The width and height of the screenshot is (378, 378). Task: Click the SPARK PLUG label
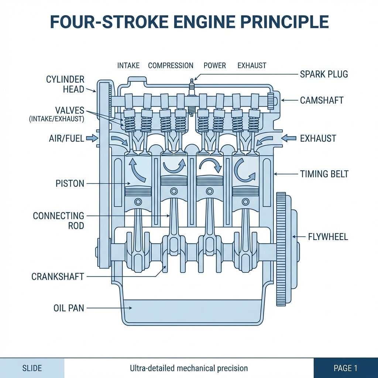tap(323, 74)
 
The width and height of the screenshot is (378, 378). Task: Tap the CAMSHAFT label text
tap(322, 100)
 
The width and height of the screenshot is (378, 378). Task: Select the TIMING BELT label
tap(324, 173)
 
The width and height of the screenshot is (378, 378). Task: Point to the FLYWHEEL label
tap(328, 237)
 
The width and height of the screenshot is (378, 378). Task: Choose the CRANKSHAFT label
tap(58, 276)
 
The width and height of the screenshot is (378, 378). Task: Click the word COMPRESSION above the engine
tap(171, 66)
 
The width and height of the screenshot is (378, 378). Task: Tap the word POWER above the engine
tap(214, 66)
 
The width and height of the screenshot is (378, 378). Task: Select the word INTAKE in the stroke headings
tap(128, 66)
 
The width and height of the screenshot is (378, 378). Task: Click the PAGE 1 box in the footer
tap(346, 368)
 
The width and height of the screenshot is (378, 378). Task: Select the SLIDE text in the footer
tap(32, 368)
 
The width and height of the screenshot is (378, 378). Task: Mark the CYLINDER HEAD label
tap(65, 84)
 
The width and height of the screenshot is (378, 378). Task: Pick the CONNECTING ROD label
tap(58, 220)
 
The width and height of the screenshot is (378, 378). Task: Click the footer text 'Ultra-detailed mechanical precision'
tap(189, 368)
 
